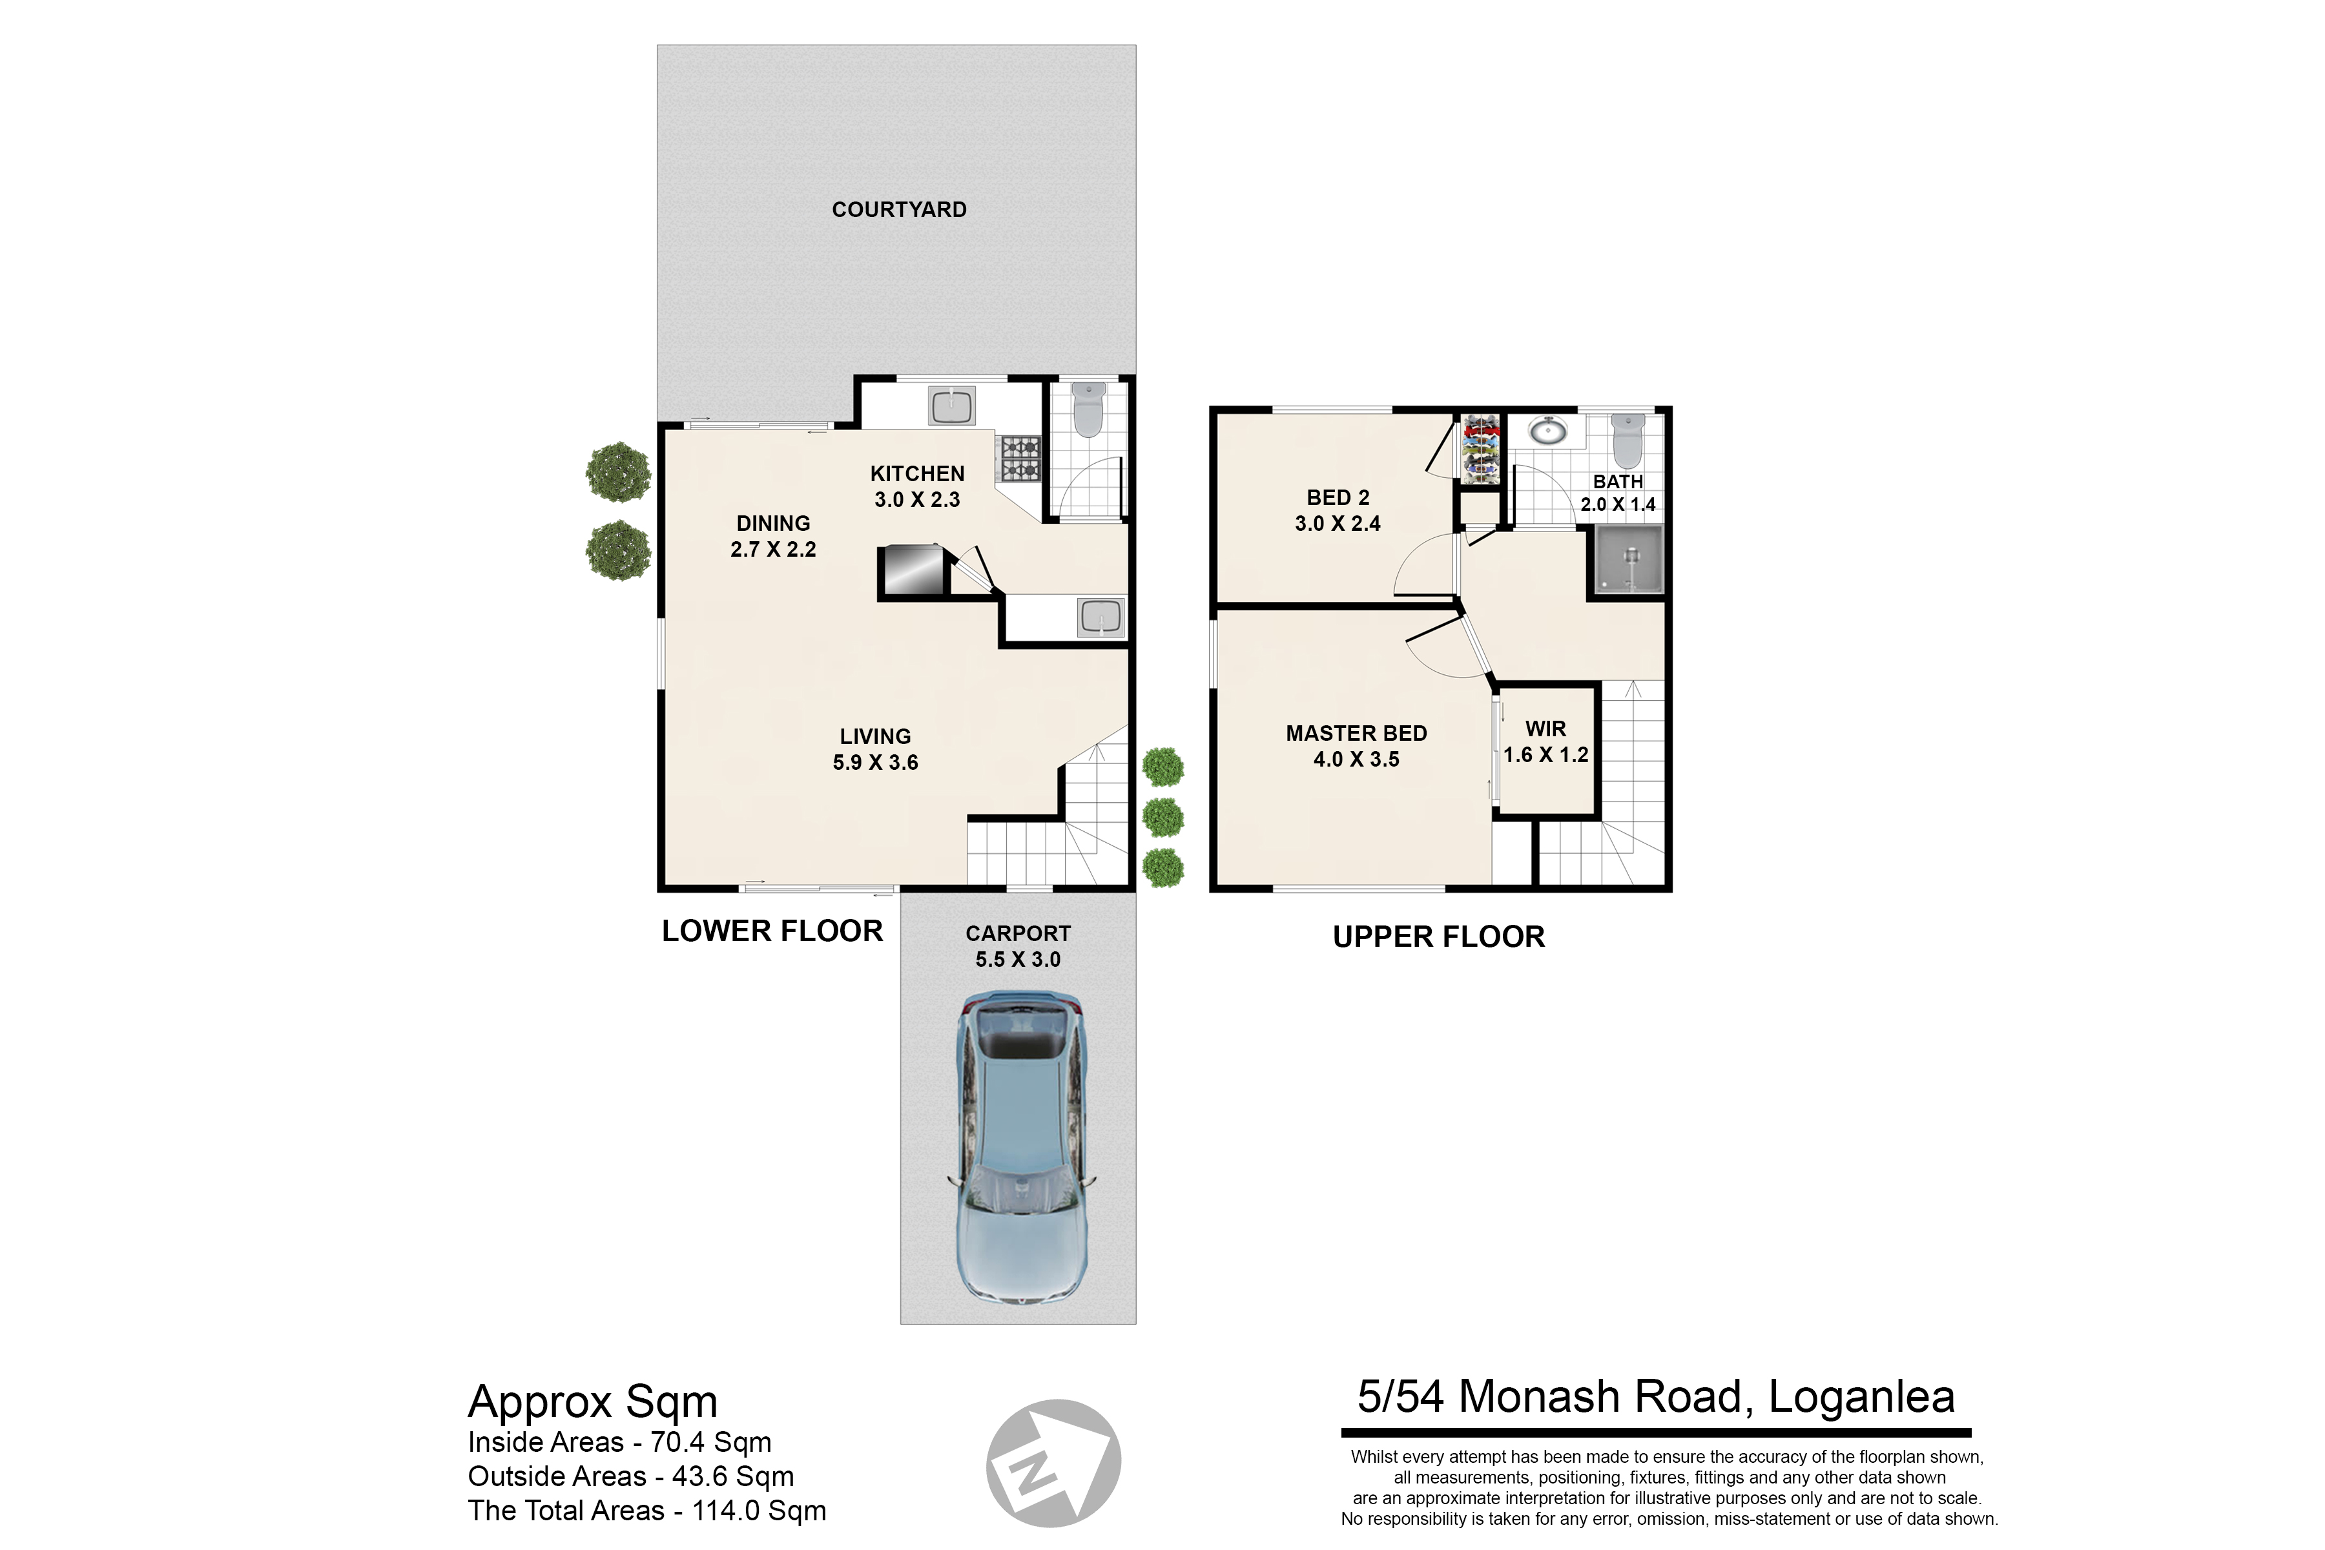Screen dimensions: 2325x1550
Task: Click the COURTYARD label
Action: pos(898,209)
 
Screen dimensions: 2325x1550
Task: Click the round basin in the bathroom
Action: pos(1546,431)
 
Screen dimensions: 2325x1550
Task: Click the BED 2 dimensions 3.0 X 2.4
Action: pos(1338,524)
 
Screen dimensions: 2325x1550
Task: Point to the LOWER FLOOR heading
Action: pos(772,931)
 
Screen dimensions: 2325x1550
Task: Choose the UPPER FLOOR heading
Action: pos(1438,937)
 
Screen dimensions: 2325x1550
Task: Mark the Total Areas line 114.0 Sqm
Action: pos(646,1511)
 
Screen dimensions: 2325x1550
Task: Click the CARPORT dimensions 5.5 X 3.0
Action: pos(1018,960)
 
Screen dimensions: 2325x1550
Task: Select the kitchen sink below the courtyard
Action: pos(951,406)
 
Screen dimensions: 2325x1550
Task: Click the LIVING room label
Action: pos(876,736)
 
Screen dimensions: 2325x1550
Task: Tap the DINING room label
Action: pos(773,524)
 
